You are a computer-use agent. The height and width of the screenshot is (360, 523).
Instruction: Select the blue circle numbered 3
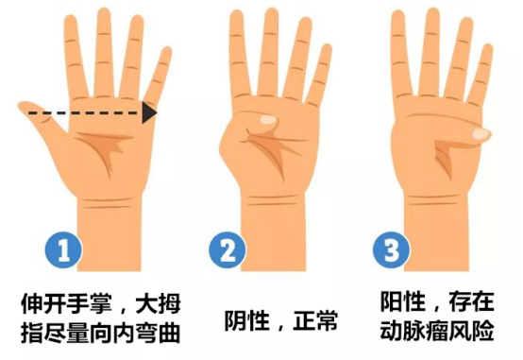click(389, 252)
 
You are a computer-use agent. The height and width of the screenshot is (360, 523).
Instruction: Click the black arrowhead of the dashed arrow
click(149, 113)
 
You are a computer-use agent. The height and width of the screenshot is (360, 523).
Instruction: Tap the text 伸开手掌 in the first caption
click(58, 304)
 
